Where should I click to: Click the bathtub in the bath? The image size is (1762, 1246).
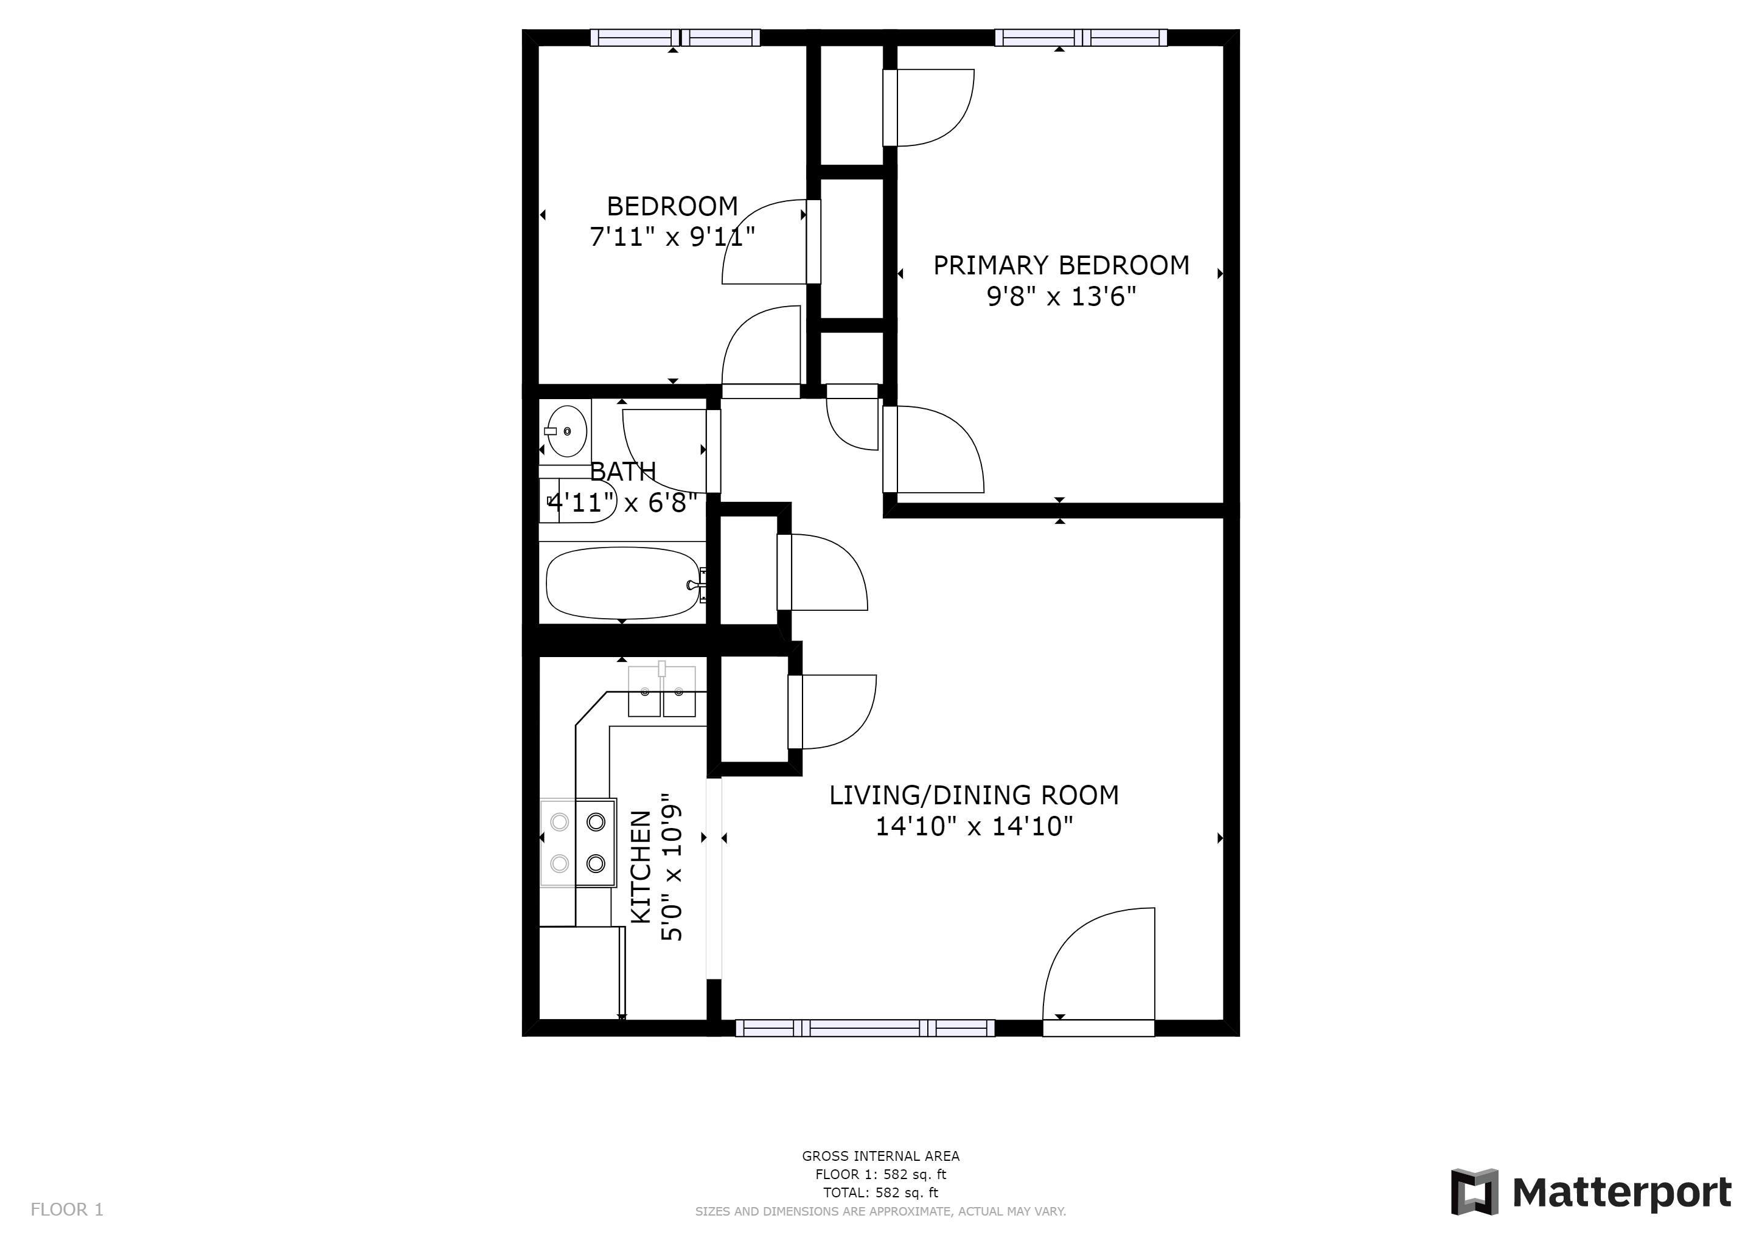[622, 582]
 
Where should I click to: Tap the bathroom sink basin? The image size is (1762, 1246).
[567, 431]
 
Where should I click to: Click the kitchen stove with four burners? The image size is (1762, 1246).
[578, 843]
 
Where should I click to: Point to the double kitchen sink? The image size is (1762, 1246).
[661, 691]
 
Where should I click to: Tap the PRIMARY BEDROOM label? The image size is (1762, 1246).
[1060, 265]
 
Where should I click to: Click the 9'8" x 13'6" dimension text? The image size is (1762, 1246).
[1060, 296]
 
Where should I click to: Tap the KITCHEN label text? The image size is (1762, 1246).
[641, 867]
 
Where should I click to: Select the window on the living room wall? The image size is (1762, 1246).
[865, 1028]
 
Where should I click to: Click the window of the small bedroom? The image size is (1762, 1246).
[675, 38]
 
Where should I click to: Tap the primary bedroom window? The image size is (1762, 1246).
[1081, 38]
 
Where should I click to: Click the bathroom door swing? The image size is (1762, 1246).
[664, 451]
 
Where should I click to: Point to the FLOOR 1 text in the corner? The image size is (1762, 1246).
[67, 1210]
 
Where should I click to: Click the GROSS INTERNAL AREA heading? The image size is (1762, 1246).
[880, 1156]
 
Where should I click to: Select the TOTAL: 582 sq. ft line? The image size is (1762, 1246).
[880, 1193]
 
